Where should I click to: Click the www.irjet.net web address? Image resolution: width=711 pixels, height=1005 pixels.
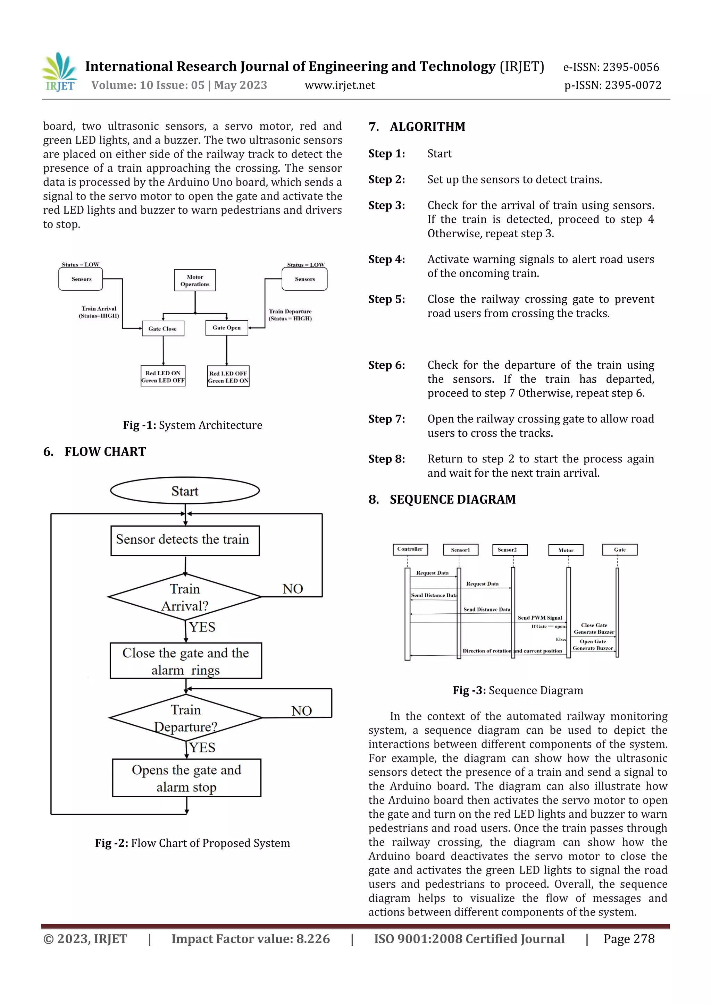pyautogui.click(x=340, y=85)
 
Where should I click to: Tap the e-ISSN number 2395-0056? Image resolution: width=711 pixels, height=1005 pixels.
pyautogui.click(x=611, y=67)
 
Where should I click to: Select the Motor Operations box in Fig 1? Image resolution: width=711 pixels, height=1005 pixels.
pyautogui.click(x=195, y=280)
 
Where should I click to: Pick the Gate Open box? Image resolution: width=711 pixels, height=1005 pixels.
pyautogui.click(x=226, y=328)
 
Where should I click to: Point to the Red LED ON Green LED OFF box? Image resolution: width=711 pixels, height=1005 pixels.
pyautogui.click(x=163, y=376)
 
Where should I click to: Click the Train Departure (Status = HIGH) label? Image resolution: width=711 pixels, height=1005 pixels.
pyautogui.click(x=290, y=315)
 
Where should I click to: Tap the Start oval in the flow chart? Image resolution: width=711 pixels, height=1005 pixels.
pyautogui.click(x=185, y=491)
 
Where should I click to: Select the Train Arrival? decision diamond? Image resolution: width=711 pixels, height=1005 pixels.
pyautogui.click(x=185, y=597)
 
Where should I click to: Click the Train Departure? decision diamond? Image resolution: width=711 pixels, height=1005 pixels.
pyautogui.click(x=186, y=718)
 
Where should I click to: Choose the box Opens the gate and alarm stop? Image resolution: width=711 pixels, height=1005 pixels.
pyautogui.click(x=187, y=778)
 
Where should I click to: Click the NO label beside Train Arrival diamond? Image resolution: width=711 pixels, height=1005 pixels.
pyautogui.click(x=293, y=589)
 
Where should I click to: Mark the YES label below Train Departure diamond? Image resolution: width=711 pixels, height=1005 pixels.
pyautogui.click(x=202, y=747)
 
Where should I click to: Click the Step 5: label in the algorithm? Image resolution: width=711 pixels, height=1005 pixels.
pyautogui.click(x=386, y=299)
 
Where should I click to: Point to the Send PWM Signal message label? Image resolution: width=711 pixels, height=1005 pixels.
pyautogui.click(x=540, y=618)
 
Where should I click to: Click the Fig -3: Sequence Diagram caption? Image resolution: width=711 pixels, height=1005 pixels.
pyautogui.click(x=518, y=690)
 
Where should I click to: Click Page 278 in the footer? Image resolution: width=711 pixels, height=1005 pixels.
pyautogui.click(x=629, y=938)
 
